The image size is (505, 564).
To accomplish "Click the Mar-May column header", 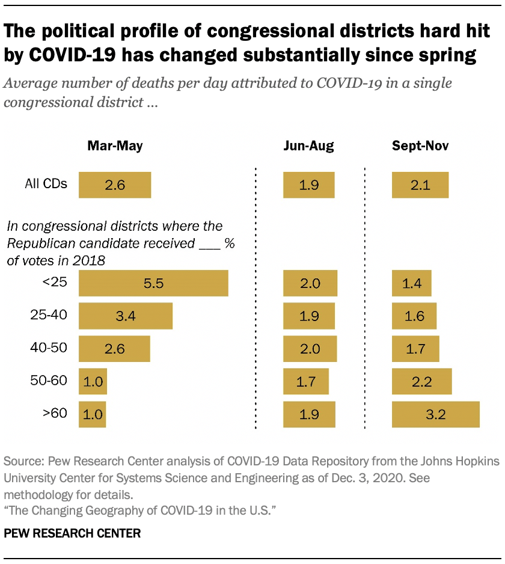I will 115,146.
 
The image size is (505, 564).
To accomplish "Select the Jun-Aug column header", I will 308,146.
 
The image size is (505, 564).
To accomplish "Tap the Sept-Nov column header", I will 420,146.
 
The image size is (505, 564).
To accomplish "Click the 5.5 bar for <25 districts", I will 153,284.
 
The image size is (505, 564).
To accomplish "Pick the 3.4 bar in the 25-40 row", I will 126,316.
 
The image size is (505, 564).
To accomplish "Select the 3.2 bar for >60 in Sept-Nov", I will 435,414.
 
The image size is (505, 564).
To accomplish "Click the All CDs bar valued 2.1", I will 420,185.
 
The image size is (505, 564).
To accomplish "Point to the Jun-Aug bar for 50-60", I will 306,381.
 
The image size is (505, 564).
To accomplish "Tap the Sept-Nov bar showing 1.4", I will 411,284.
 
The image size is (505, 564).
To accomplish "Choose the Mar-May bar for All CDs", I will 115,185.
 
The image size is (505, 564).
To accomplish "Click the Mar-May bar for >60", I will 93,414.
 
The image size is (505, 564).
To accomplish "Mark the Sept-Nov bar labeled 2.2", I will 421,381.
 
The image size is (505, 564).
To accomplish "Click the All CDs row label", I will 46,183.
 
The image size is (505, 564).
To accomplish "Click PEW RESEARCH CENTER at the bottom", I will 72,533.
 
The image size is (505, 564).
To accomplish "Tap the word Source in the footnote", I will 22,462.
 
